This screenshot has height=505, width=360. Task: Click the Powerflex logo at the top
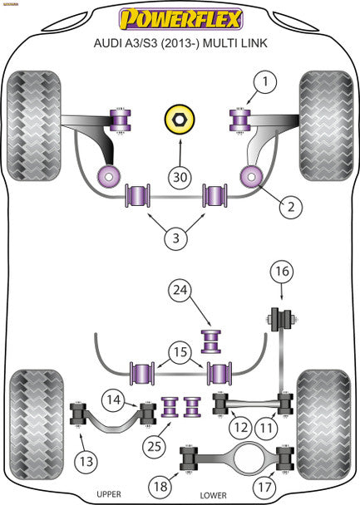180,18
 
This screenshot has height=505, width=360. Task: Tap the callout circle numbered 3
175,239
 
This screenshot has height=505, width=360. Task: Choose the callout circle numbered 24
179,291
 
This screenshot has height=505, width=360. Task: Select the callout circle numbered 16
282,271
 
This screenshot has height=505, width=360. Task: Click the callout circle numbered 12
241,429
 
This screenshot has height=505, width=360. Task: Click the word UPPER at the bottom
108,495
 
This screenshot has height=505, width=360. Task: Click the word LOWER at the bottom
238,495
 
